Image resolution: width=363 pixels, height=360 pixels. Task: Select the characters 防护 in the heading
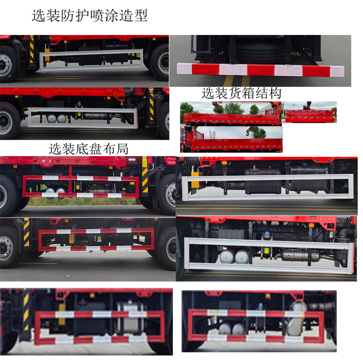point(75,16)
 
